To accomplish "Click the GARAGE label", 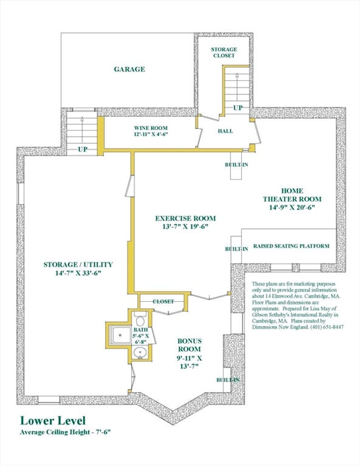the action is (x=129, y=69).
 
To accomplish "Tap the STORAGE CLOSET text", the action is (x=224, y=53).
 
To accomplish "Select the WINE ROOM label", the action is (x=150, y=128).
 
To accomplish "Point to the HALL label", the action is (x=225, y=131).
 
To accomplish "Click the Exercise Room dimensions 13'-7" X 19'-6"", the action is (x=186, y=227).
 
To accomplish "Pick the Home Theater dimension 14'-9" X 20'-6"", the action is (x=292, y=207).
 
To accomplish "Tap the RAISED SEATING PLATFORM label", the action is (x=291, y=246).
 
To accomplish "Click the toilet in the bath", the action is (x=140, y=319).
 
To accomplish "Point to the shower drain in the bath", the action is (x=120, y=335).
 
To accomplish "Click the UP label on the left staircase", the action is (x=83, y=149).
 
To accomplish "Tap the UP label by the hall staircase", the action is (x=238, y=108).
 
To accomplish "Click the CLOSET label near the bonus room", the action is (x=163, y=302).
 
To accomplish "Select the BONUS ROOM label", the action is (x=189, y=345).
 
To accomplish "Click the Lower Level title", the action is (x=53, y=421).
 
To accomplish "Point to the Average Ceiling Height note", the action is (x=65, y=432).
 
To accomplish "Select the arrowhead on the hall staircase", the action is (x=237, y=75).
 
